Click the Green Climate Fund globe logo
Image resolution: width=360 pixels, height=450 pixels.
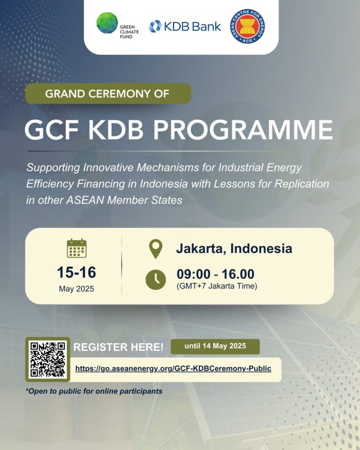[107, 23]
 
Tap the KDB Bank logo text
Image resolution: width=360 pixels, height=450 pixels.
[192, 26]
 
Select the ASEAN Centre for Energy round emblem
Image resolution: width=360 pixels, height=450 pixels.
[247, 26]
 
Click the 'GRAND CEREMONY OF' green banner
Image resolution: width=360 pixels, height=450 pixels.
[108, 94]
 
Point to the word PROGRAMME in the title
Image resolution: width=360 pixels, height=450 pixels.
[243, 129]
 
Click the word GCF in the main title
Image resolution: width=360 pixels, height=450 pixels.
[52, 129]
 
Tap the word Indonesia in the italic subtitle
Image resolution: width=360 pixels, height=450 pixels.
[164, 184]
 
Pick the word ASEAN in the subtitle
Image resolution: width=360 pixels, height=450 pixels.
[85, 200]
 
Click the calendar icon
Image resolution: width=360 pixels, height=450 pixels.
[77, 248]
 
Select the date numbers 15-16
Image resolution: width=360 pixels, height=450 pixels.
[76, 272]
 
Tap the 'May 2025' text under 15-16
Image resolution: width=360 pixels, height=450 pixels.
[76, 289]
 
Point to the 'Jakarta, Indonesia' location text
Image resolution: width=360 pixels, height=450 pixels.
[234, 248]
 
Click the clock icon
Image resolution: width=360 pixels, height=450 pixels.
[156, 279]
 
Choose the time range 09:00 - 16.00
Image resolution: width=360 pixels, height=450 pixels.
[215, 274]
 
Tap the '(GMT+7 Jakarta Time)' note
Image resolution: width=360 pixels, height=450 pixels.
[217, 286]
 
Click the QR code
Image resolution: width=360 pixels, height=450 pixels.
[48, 360]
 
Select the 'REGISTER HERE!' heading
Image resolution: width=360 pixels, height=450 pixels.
[118, 347]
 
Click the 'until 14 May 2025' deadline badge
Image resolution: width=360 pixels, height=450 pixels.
[215, 346]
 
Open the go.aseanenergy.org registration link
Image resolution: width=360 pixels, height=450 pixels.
[173, 369]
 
